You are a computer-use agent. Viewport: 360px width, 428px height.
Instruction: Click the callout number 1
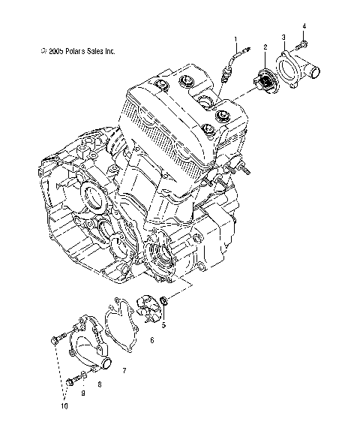click(235, 38)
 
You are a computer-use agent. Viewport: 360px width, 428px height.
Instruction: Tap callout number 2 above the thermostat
click(265, 47)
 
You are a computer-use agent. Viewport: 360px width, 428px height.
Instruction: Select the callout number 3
click(283, 37)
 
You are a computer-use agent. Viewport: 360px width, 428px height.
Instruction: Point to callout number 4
click(304, 27)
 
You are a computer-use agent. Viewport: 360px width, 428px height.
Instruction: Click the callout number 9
click(82, 393)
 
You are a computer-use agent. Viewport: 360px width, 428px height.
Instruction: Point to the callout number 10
click(64, 406)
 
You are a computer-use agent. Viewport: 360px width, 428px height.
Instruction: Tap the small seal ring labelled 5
click(165, 304)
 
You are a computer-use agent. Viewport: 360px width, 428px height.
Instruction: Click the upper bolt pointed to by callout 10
click(55, 342)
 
